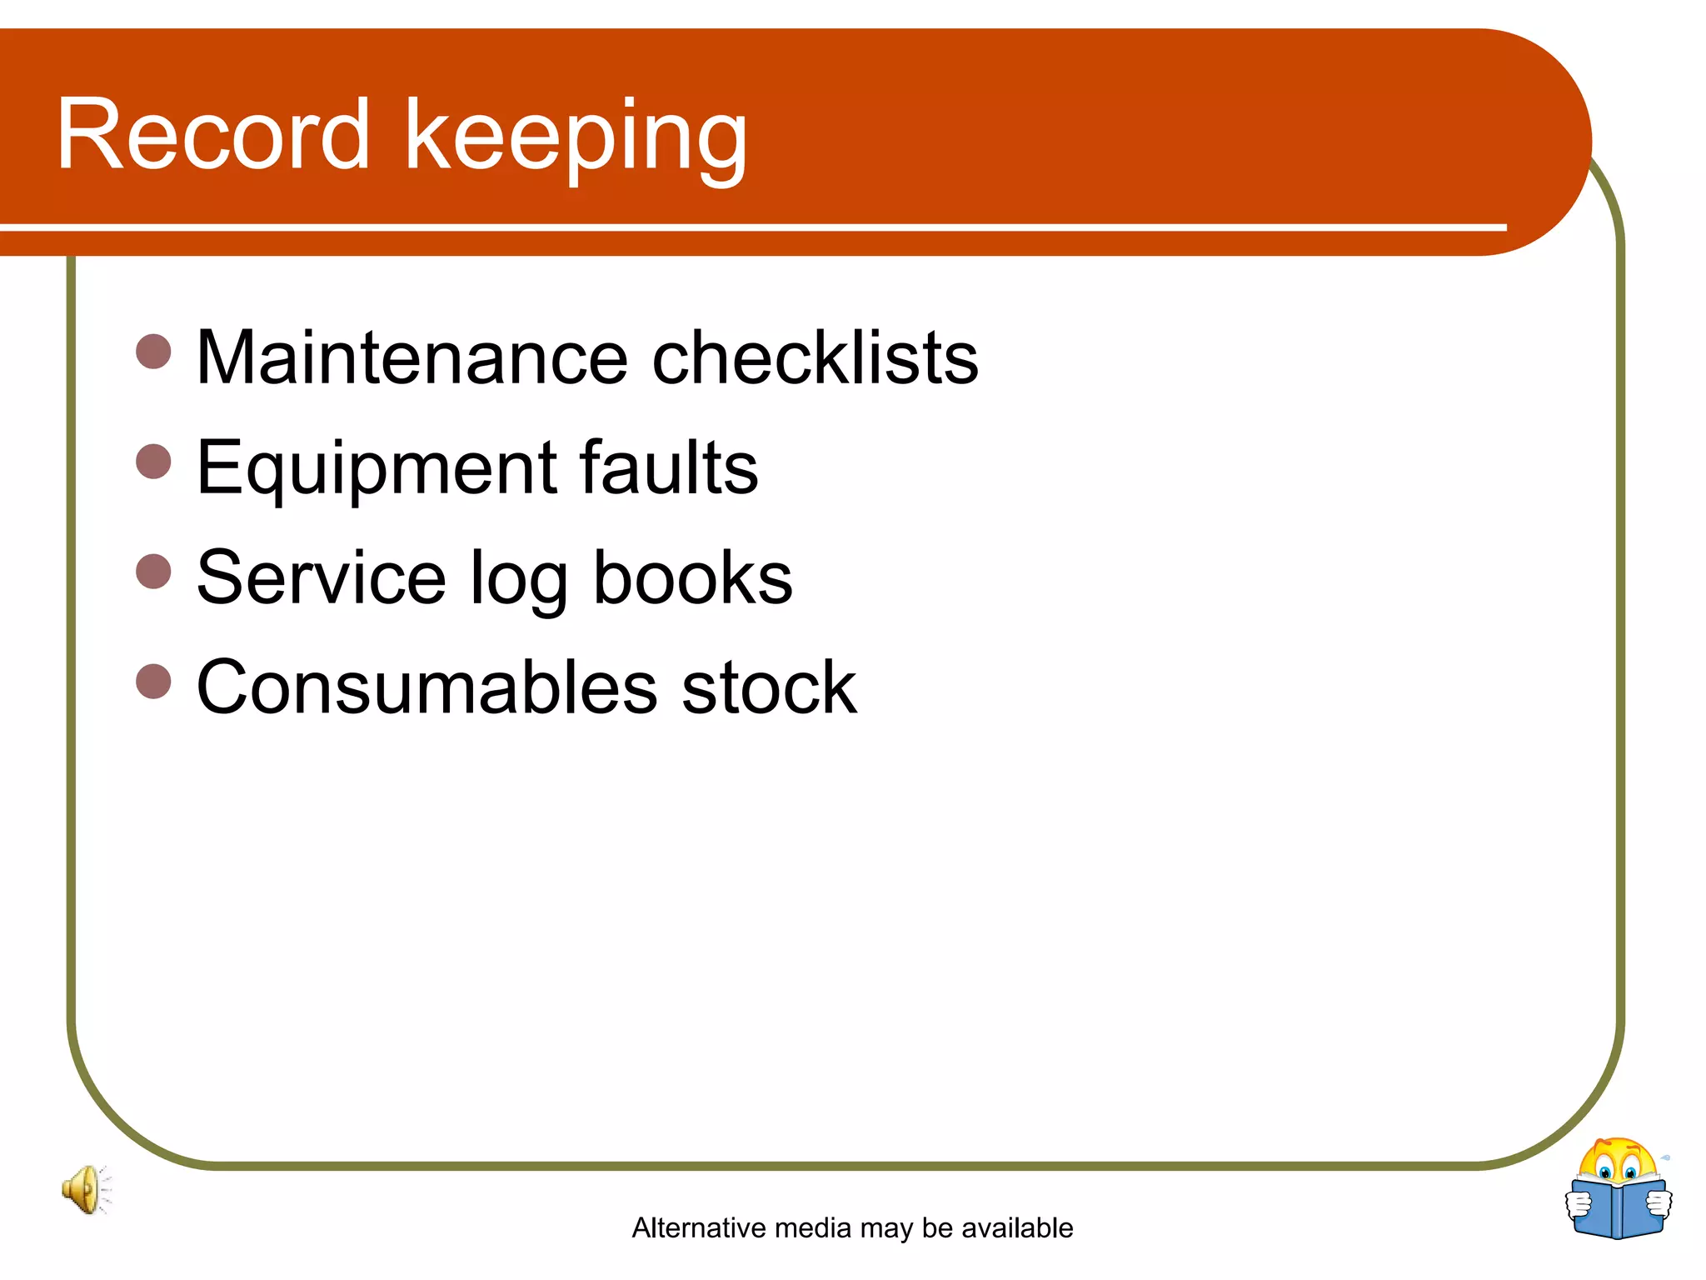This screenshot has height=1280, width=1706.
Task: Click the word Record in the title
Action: [x=212, y=135]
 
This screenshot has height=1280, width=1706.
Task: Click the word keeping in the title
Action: [x=576, y=137]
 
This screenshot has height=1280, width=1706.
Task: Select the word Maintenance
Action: [x=412, y=357]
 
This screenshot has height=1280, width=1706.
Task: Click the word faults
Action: [x=668, y=467]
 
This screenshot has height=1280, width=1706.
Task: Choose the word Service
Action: [x=322, y=577]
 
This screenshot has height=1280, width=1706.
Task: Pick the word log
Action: [x=519, y=581]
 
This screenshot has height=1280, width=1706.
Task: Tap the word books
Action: [x=692, y=577]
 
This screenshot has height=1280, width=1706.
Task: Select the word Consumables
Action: [x=426, y=687]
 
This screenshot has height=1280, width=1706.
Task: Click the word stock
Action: [x=768, y=687]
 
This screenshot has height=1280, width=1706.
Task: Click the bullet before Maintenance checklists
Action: [x=153, y=352]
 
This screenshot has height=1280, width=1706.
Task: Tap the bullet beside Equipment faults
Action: [x=153, y=462]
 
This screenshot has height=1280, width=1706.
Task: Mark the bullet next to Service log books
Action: [x=153, y=572]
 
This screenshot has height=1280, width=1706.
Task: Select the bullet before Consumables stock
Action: [x=153, y=681]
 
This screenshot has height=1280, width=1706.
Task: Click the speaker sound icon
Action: [x=84, y=1189]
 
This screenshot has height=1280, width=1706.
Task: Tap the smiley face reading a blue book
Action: [x=1618, y=1189]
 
